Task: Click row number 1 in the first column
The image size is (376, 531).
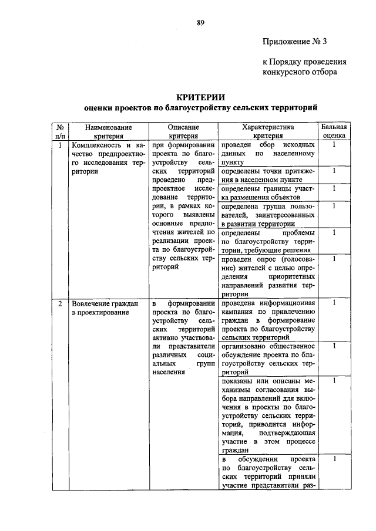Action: (60, 144)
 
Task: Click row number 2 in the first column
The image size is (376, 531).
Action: (60, 303)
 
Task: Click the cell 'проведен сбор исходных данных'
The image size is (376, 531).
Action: (267, 153)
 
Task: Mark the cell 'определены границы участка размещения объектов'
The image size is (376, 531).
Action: (267, 193)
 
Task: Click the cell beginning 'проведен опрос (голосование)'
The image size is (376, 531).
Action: (267, 276)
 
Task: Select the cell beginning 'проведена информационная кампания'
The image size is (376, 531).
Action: (267, 320)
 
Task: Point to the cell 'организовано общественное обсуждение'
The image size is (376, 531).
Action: (267, 359)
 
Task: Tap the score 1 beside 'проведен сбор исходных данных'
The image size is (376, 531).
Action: (334, 144)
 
